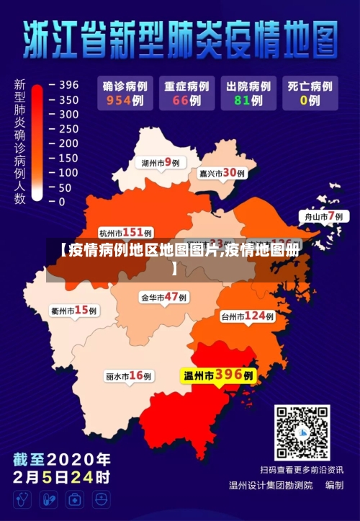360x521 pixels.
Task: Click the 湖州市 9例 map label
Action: pos(161,163)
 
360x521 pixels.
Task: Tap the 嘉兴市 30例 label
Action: pos(222,173)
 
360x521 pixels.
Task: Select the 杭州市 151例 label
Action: pos(125,233)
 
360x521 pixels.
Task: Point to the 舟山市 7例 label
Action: pos(321,216)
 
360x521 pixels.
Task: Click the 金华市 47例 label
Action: pos(163,297)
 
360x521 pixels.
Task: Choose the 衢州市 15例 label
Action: pos(74,311)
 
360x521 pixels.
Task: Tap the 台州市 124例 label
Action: pos(248,316)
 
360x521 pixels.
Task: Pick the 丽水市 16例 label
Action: pos(128,375)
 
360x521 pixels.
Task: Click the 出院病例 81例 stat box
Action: pos(247,93)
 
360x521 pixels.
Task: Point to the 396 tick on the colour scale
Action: pos(68,85)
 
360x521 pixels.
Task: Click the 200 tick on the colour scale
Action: pos(68,143)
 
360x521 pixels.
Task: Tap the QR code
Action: pos(302,432)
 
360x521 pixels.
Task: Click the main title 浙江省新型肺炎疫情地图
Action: pos(180,40)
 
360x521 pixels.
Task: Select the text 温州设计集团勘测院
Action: pos(271,486)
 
